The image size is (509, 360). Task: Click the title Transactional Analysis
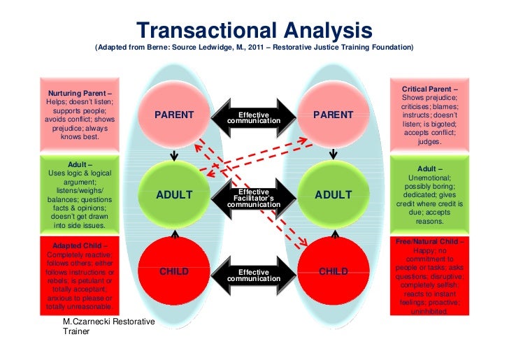pos(254,30)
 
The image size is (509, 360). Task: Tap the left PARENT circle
pos(174,115)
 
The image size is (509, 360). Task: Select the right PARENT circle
pos(334,115)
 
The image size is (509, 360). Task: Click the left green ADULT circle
pos(174,195)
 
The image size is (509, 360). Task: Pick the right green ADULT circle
pos(334,195)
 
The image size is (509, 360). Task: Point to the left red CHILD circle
pos(174,272)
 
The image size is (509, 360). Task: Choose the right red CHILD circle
pos(334,272)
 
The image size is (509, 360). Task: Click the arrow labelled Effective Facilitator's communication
pos(254,198)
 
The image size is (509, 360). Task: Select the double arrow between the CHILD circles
pos(254,275)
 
